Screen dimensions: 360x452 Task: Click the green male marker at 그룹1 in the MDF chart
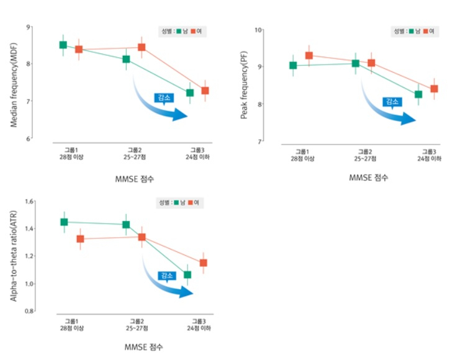[63, 45]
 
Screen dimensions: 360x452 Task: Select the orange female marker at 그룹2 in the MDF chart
[142, 47]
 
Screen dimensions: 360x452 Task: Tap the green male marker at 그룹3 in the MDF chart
[190, 92]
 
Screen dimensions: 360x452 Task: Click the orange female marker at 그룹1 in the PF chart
[309, 56]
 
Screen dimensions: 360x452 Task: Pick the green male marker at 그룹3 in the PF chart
[418, 94]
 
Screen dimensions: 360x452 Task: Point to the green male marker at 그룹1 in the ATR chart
[64, 222]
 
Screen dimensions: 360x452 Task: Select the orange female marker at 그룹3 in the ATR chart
[203, 263]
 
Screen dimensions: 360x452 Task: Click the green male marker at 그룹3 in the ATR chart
[188, 274]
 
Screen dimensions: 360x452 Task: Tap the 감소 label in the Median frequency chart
[163, 97]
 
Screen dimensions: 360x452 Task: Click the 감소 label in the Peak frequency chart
[392, 102]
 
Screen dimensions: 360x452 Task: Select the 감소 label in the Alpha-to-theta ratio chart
[166, 275]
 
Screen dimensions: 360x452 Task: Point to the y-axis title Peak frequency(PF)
[243, 85]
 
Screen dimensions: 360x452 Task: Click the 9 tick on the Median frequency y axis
[29, 27]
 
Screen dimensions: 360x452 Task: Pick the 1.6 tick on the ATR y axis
[27, 202]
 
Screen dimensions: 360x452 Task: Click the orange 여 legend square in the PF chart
[426, 30]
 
